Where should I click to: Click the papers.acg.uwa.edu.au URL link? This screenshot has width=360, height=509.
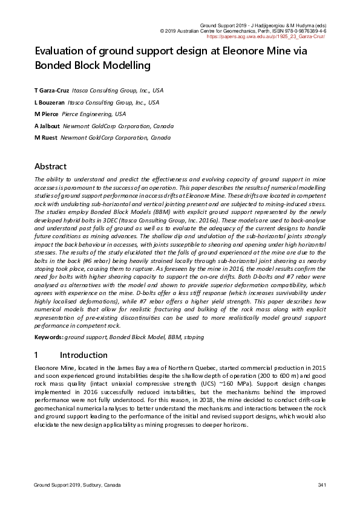(x=275, y=36)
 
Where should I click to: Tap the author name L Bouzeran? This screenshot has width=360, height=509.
(x=50, y=103)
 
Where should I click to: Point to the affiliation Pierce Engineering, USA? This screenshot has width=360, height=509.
(x=96, y=114)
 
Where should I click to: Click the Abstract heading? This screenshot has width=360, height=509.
(x=50, y=166)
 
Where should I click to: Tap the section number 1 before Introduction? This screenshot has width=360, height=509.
(x=37, y=355)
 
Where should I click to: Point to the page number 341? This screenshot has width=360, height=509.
(x=322, y=485)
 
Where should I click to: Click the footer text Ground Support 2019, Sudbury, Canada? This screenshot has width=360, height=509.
(x=77, y=485)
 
